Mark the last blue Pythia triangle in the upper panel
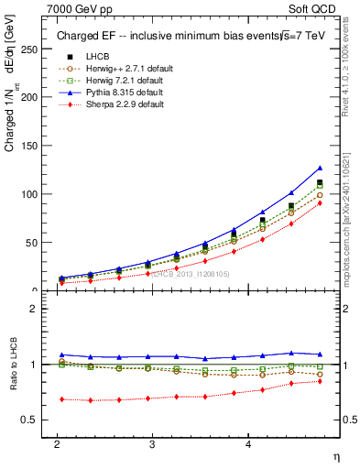pos(320,168)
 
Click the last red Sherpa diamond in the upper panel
pos(320,203)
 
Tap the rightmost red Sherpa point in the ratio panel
pos(320,380)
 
